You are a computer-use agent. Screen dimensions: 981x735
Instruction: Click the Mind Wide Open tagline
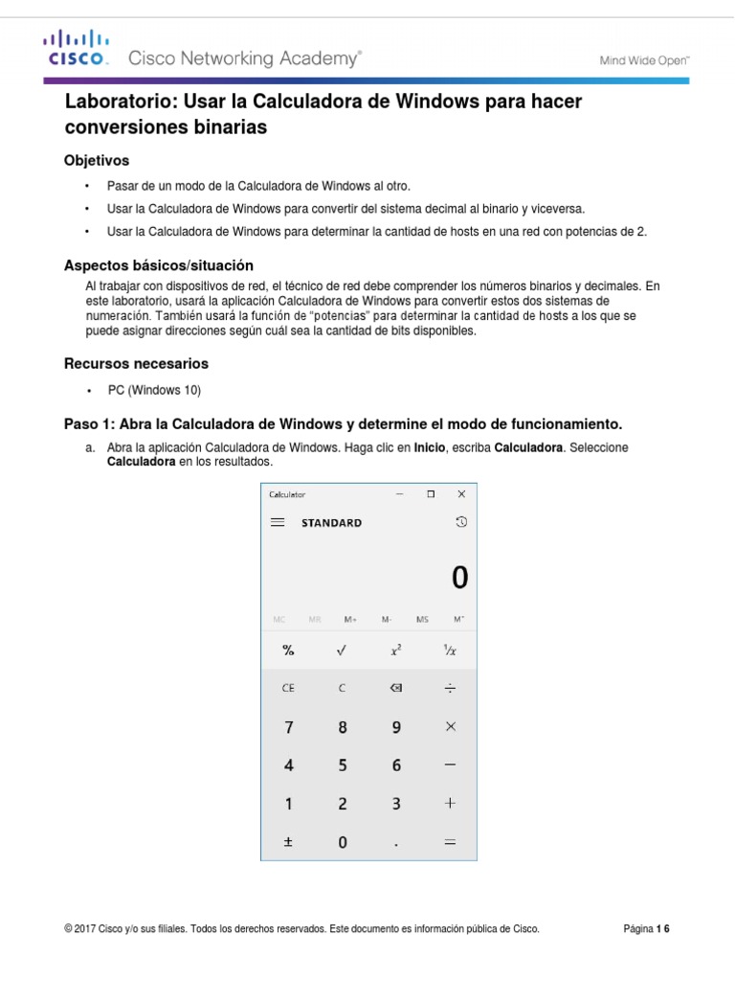point(644,59)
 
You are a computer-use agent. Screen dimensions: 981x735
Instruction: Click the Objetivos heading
point(96,160)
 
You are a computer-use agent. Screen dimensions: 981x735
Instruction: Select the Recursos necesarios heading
point(136,364)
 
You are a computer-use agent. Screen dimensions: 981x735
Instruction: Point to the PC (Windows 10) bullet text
point(154,391)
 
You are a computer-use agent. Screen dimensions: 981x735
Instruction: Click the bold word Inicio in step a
point(430,448)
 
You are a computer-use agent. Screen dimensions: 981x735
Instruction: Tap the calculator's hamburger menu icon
point(278,523)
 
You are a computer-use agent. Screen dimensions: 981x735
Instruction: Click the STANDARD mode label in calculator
point(331,523)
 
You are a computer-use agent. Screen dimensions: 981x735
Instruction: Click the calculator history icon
point(461,522)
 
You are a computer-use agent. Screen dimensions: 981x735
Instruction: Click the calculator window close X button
point(461,494)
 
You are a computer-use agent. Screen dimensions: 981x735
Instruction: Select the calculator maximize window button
point(431,494)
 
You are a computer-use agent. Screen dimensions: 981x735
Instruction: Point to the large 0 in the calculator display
point(459,578)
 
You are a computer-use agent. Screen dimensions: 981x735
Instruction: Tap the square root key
point(342,650)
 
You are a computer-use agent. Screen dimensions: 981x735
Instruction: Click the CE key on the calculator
point(288,688)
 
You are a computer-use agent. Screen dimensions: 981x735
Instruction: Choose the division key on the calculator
point(450,688)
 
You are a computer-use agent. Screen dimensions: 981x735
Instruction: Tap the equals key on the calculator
point(450,843)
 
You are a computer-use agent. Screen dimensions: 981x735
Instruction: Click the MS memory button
point(423,620)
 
